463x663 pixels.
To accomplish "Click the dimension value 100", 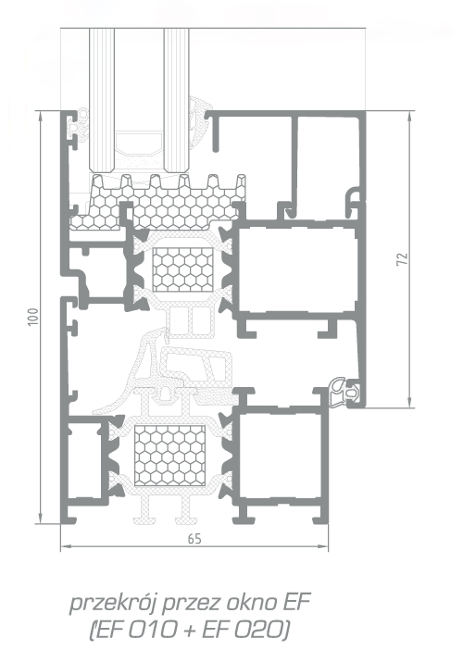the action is (x=33, y=317).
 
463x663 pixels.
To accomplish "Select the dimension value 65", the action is (x=194, y=539).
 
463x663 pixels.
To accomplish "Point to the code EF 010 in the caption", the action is (x=136, y=631).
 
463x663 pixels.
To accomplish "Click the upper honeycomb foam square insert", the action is (x=183, y=269).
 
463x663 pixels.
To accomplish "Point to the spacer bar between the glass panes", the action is (x=139, y=144).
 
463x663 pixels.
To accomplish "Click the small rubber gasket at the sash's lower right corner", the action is (x=344, y=390).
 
